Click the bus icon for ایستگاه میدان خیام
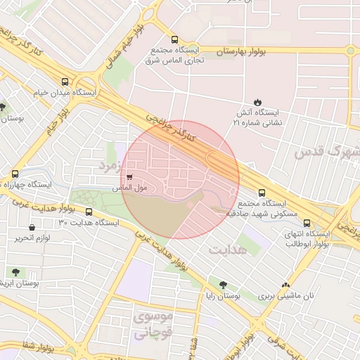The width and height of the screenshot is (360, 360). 65,82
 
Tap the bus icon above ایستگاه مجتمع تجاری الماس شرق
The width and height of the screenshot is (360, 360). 174,40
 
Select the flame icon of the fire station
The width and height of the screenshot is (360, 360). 257,102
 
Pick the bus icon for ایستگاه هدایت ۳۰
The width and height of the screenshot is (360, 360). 89,212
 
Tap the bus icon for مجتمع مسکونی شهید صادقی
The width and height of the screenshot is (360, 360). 262,193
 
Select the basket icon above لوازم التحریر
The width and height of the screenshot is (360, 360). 32,227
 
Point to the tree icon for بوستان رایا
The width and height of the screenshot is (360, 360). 223,285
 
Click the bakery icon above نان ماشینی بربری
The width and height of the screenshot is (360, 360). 285,285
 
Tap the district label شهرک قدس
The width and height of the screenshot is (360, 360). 326,150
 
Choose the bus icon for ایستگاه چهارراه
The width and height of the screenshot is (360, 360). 15,174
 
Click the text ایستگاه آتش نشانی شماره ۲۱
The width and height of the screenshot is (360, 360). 257,117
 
